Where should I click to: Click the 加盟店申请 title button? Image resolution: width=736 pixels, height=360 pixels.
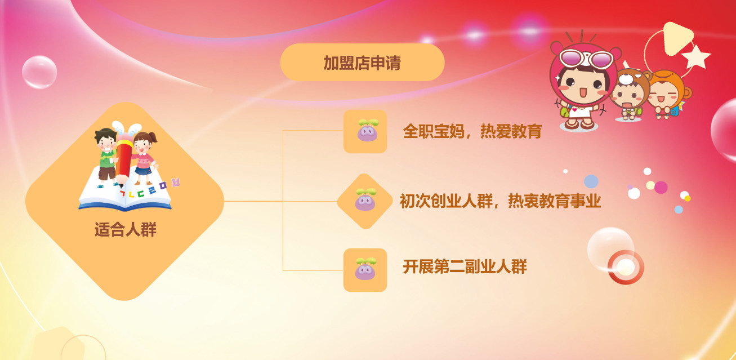(x=362, y=63)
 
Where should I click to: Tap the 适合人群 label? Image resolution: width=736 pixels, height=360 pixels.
(x=126, y=229)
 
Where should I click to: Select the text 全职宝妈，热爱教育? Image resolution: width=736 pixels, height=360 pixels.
(x=472, y=131)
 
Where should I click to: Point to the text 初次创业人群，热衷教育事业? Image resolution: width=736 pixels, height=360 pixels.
(x=500, y=201)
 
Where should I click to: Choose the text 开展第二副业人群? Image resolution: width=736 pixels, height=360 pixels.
(x=465, y=266)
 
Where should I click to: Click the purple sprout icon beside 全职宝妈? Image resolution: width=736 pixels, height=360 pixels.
(x=368, y=130)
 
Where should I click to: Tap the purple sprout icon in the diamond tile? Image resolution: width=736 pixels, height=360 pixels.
(x=365, y=199)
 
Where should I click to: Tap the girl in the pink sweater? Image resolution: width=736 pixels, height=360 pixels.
(x=144, y=158)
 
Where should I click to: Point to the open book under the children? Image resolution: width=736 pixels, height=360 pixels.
(x=125, y=194)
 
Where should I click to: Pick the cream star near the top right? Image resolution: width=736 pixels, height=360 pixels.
(x=696, y=57)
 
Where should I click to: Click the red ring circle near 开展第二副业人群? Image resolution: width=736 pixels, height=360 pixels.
(x=626, y=267)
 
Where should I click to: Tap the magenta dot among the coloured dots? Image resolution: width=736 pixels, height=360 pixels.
(x=661, y=188)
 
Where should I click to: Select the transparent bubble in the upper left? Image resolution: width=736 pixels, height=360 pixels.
(x=39, y=72)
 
